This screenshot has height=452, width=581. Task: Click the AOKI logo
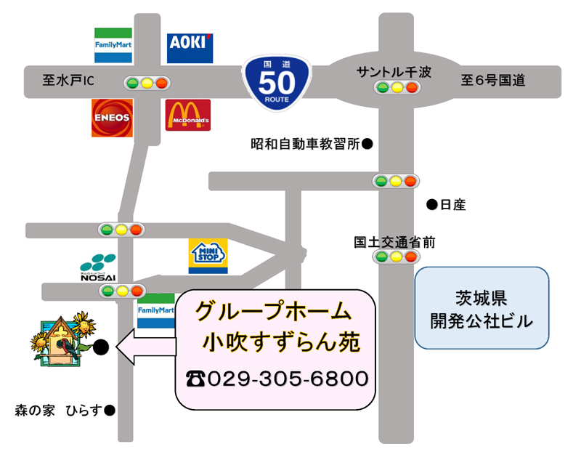click(190, 47)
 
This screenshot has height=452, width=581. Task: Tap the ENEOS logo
click(112, 117)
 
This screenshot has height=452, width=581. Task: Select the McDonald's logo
click(188, 115)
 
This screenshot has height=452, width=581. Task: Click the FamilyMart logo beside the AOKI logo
click(113, 45)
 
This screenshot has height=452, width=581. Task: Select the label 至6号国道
click(492, 81)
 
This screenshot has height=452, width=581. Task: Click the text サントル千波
click(394, 72)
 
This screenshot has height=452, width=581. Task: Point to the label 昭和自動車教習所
click(305, 144)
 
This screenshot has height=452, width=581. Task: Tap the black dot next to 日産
click(431, 205)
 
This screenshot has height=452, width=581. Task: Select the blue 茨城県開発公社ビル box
click(481, 308)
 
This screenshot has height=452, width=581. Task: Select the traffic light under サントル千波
click(397, 89)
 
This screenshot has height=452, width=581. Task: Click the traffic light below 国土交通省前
click(396, 257)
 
